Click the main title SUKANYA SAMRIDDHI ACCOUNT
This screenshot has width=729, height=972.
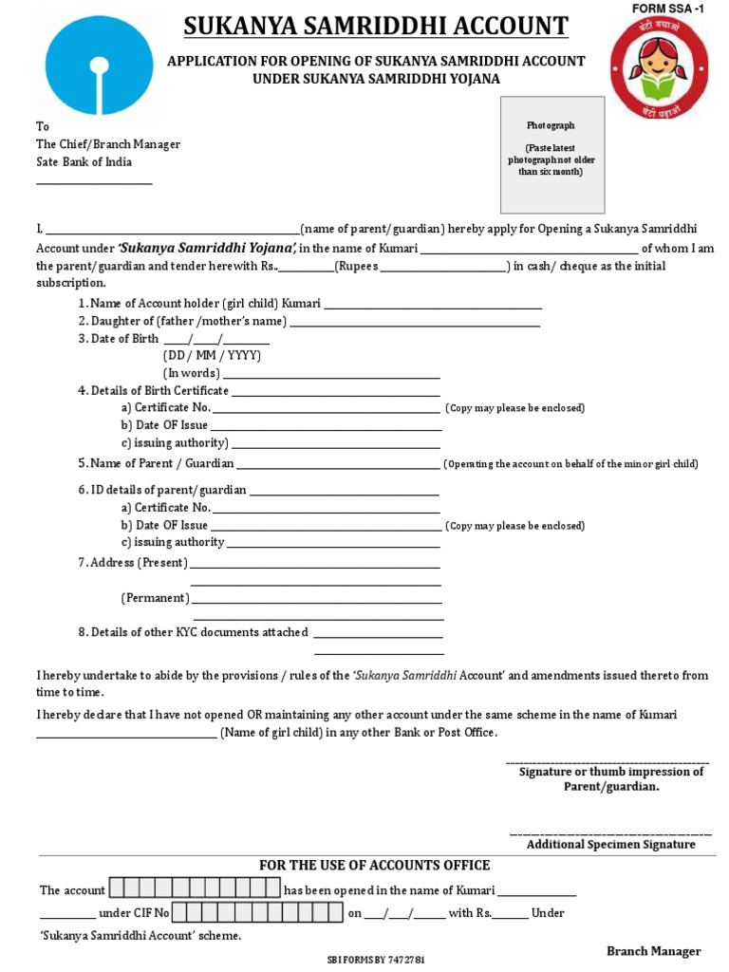coord(376,26)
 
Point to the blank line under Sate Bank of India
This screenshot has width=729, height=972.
coord(94,181)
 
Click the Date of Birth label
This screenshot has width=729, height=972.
coord(119,339)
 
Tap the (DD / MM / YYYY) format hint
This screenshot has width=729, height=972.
coord(212,355)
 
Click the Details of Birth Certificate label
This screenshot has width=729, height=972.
coord(159,390)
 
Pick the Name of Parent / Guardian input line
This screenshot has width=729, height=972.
coord(339,465)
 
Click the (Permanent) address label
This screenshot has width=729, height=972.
coord(155,598)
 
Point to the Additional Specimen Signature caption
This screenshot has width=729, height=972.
coord(610,844)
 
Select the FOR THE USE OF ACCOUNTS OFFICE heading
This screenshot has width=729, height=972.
coord(375,865)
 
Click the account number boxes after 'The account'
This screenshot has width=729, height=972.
coord(195,889)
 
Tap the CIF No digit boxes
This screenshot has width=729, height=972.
coord(257,913)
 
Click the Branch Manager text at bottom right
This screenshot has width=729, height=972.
coord(653,951)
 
